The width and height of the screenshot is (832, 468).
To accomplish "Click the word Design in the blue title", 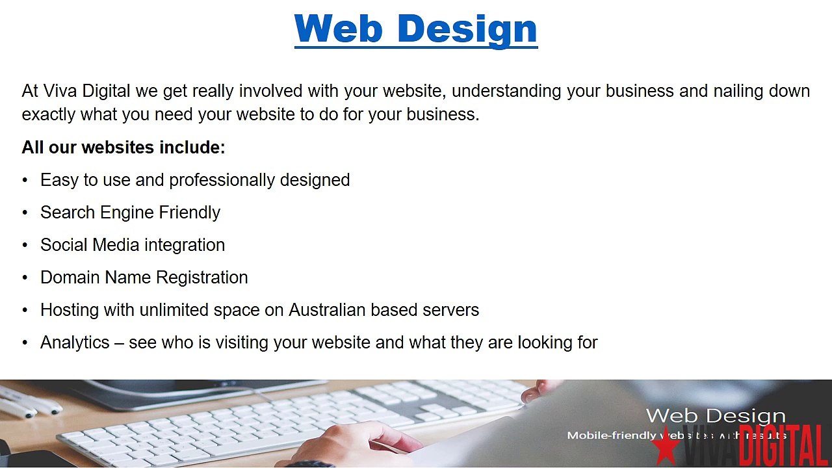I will click(467, 29).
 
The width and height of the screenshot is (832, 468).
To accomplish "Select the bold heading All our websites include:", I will click(123, 148).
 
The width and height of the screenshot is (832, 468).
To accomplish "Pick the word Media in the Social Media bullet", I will click(115, 245).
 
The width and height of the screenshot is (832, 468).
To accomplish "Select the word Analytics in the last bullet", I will click(75, 343).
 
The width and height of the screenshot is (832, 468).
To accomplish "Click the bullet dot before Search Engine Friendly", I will click(25, 213).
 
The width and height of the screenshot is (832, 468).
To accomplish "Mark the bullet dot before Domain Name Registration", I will click(25, 278).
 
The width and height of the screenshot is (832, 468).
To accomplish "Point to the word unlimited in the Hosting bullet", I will click(174, 310).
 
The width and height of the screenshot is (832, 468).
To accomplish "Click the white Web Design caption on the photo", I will click(716, 416).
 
